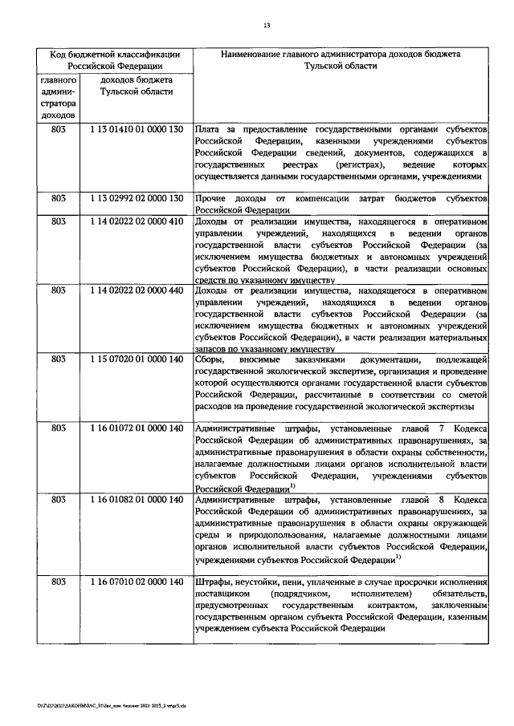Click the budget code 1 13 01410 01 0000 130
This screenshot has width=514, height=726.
[x=138, y=129]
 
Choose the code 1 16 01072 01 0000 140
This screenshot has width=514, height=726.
[x=138, y=428]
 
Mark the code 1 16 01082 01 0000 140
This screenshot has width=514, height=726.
[x=138, y=498]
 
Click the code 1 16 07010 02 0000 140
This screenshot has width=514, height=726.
[x=138, y=581]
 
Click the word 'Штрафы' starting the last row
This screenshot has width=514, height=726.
[x=214, y=581]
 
